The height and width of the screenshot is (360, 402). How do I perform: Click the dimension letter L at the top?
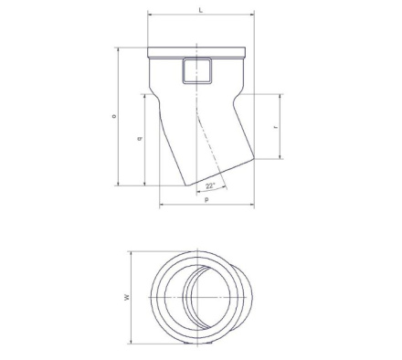(200, 10)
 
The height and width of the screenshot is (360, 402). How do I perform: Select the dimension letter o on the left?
(114, 116)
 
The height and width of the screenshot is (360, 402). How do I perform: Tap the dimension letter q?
(140, 139)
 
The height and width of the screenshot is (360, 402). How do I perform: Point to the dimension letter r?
(276, 126)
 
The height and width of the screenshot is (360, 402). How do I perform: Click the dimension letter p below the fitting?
(206, 200)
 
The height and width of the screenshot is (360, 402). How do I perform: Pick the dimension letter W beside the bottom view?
(127, 297)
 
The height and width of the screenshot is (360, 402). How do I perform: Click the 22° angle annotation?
(210, 185)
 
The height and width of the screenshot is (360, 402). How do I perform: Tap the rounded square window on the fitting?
(197, 71)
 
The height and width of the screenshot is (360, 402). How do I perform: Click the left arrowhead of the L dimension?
(150, 14)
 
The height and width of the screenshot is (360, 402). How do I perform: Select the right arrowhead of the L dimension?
(252, 14)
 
